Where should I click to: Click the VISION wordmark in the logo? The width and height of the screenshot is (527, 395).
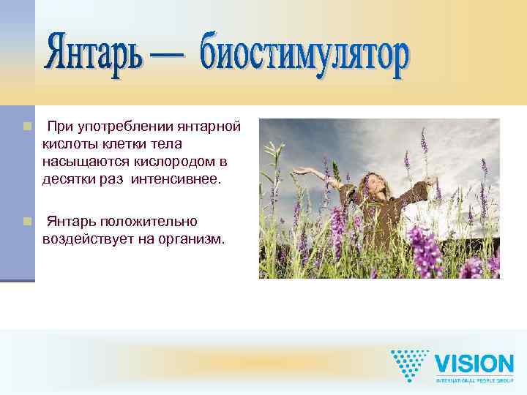tap(474, 364)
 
